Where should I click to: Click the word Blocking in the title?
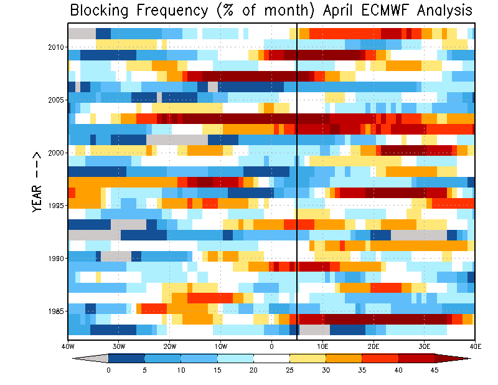[x=99, y=10]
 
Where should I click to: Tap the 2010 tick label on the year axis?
[x=56, y=47]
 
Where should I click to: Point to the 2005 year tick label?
[x=56, y=100]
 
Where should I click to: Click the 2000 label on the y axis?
[x=56, y=153]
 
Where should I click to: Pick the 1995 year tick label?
[x=56, y=206]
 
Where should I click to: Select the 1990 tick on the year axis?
[x=56, y=259]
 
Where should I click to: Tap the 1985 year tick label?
[x=56, y=311]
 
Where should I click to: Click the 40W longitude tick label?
[x=68, y=346]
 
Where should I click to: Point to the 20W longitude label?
[x=169, y=346]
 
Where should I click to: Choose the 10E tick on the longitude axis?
[x=322, y=346]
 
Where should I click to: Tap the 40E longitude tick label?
[x=475, y=346]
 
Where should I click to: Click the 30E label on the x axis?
[x=425, y=346]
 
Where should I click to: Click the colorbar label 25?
[x=289, y=370]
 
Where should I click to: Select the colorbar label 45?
[x=435, y=370]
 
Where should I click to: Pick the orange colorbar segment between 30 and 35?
[x=344, y=358]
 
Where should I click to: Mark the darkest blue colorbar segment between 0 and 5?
[x=126, y=358]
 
